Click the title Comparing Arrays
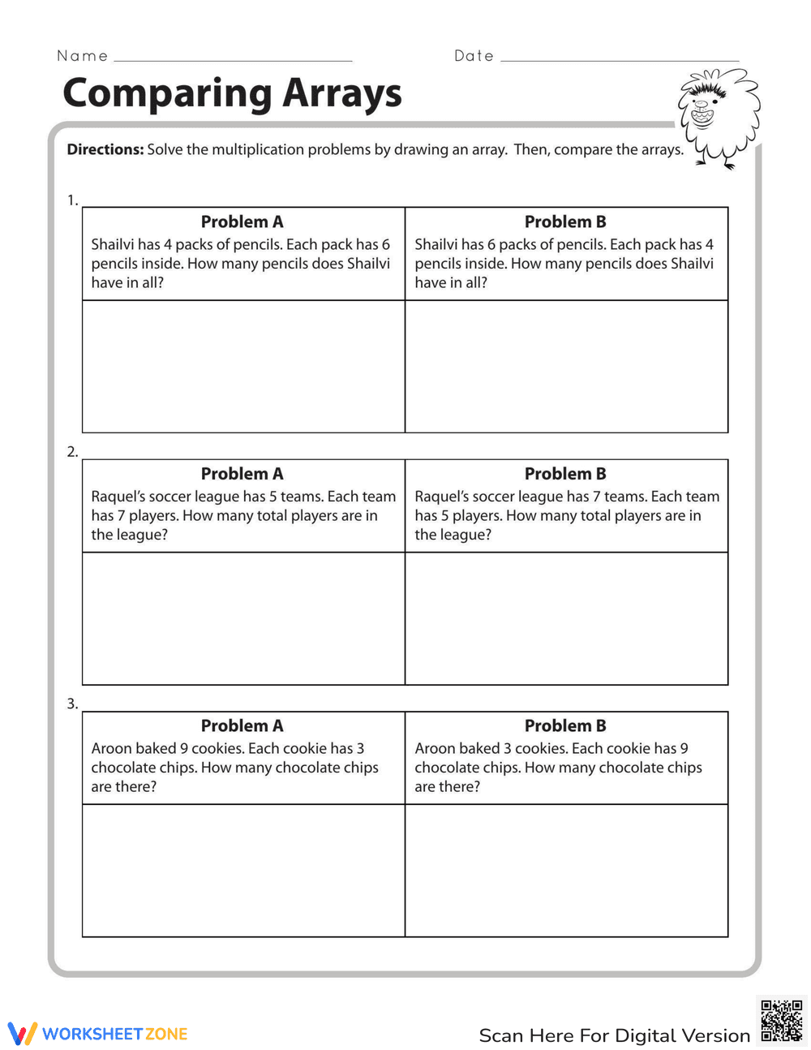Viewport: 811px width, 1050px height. pyautogui.click(x=232, y=93)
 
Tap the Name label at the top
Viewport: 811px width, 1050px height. pyautogui.click(x=82, y=56)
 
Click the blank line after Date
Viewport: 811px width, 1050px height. pyautogui.click(x=620, y=59)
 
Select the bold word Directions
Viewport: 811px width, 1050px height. pyautogui.click(x=105, y=149)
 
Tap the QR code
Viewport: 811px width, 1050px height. pyautogui.click(x=782, y=1021)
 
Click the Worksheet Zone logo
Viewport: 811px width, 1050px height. pyautogui.click(x=98, y=1033)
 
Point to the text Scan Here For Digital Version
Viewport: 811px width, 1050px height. pyautogui.click(x=614, y=1035)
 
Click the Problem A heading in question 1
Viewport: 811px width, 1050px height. pyautogui.click(x=242, y=222)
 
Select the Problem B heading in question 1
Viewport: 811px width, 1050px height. pyautogui.click(x=565, y=222)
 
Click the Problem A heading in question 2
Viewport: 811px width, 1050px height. pyautogui.click(x=242, y=474)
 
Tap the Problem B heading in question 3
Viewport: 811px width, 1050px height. pyautogui.click(x=565, y=725)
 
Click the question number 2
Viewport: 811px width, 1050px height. pyautogui.click(x=72, y=452)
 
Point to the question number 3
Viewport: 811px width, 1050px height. pyautogui.click(x=72, y=704)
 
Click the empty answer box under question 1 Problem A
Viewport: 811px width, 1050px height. pyautogui.click(x=243, y=366)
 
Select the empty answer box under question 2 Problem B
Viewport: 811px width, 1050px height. pyautogui.click(x=566, y=618)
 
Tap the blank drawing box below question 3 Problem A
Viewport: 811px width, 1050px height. pyautogui.click(x=243, y=871)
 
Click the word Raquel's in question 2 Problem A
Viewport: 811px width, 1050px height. pyautogui.click(x=118, y=497)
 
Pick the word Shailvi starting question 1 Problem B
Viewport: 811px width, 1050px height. pyautogui.click(x=436, y=244)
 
